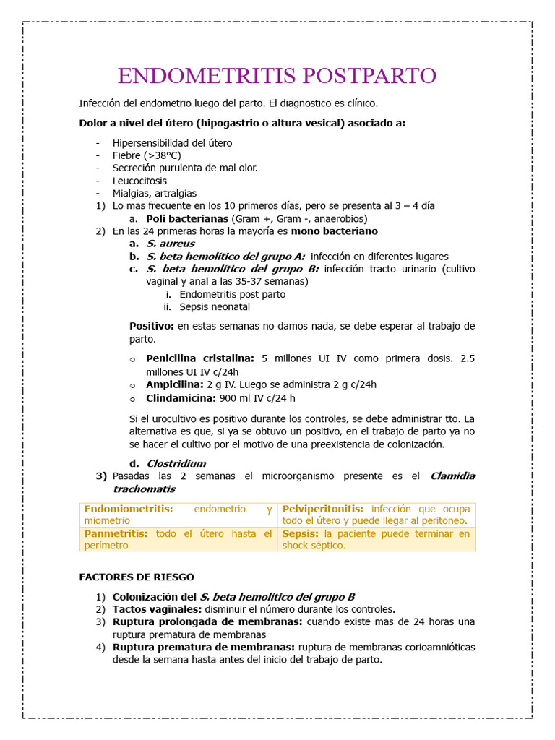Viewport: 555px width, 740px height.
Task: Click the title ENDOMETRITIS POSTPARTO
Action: pyautogui.click(x=277, y=76)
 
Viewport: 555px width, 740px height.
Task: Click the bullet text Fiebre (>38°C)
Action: pyautogui.click(x=147, y=155)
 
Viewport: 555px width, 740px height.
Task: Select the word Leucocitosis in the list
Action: pyautogui.click(x=139, y=181)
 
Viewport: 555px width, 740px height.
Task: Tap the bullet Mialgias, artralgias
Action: pyautogui.click(x=154, y=193)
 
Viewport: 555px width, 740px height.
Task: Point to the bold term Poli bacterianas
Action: pyautogui.click(x=187, y=218)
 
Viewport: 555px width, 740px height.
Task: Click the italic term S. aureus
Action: pyautogui.click(x=170, y=244)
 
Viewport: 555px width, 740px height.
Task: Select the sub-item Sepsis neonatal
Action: pyautogui.click(x=215, y=306)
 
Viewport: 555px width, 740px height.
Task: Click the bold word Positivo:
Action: pyautogui.click(x=152, y=326)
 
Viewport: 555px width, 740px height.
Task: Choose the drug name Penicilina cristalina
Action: pyautogui.click(x=200, y=358)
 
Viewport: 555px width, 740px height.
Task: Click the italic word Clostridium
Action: pyautogui.click(x=176, y=463)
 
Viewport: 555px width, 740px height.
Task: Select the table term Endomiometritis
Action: pyautogui.click(x=129, y=509)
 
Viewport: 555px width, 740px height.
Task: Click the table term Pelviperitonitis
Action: pyautogui.click(x=323, y=509)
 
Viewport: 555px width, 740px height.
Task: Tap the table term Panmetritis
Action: pyautogui.click(x=116, y=533)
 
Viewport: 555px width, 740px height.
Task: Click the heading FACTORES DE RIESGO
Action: pyautogui.click(x=136, y=577)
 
